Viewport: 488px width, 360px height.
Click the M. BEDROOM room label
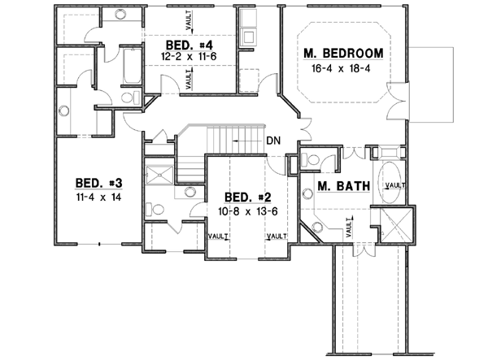pos(342,54)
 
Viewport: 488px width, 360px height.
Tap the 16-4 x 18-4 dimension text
pos(342,68)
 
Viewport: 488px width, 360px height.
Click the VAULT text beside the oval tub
pos(397,185)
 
